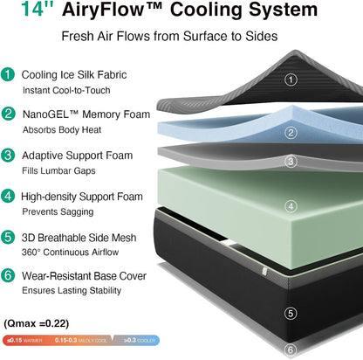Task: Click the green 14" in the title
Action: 38,9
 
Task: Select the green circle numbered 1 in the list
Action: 8,74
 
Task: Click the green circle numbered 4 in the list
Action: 8,196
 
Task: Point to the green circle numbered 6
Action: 8,275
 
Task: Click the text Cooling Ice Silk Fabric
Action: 74,75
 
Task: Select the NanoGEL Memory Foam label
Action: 86,114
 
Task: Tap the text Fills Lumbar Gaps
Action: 58,170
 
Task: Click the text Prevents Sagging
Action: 58,211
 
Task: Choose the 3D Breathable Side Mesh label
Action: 79,238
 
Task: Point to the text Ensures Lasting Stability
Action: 72,290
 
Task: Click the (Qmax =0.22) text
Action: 37,323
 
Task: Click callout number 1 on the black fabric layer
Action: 291,80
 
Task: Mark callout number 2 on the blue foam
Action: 291,133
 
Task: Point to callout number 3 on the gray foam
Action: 291,162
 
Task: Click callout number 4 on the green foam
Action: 291,206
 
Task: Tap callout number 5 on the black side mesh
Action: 291,314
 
